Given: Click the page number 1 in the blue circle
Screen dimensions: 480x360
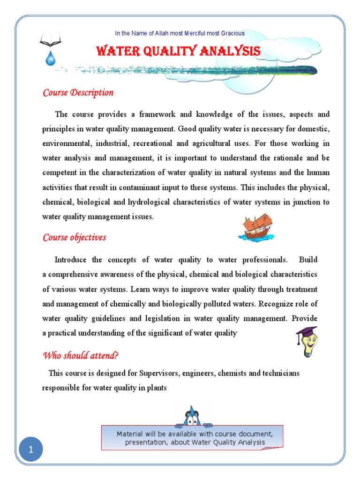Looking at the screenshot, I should [x=31, y=450].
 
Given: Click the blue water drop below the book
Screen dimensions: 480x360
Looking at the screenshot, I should [x=50, y=58].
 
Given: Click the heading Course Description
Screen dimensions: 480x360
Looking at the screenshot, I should [x=78, y=92].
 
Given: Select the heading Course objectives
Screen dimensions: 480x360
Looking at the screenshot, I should [x=75, y=237].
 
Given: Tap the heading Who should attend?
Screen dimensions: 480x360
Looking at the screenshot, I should [x=81, y=355].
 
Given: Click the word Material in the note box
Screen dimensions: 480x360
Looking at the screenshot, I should [x=130, y=434].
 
